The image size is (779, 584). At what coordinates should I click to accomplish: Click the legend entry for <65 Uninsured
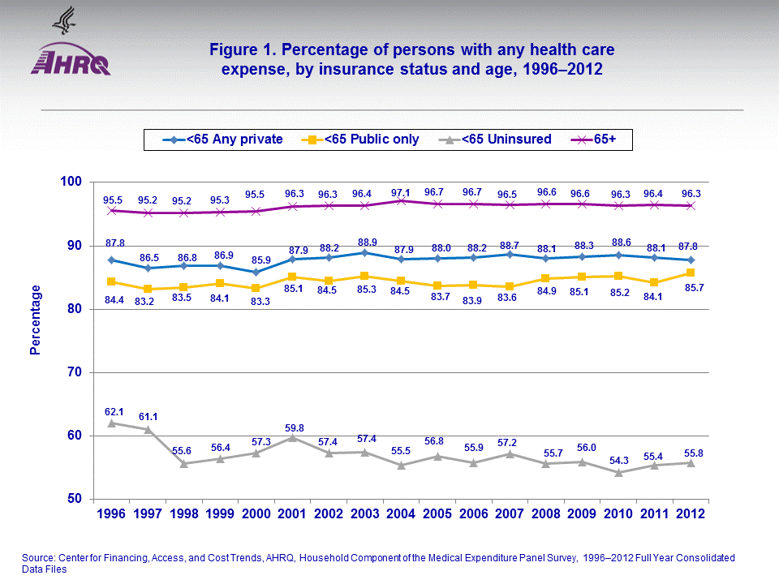[x=498, y=140]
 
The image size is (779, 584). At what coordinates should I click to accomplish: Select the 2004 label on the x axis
[x=401, y=514]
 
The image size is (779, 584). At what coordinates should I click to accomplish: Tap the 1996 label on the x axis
[x=110, y=514]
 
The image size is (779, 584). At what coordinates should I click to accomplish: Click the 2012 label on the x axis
[x=690, y=514]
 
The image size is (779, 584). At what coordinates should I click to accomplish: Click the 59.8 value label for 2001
[x=294, y=427]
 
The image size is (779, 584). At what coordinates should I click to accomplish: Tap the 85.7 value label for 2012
[x=691, y=287]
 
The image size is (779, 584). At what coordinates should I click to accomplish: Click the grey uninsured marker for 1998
[x=184, y=463]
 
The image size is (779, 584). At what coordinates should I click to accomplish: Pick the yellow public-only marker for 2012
[x=691, y=273]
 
